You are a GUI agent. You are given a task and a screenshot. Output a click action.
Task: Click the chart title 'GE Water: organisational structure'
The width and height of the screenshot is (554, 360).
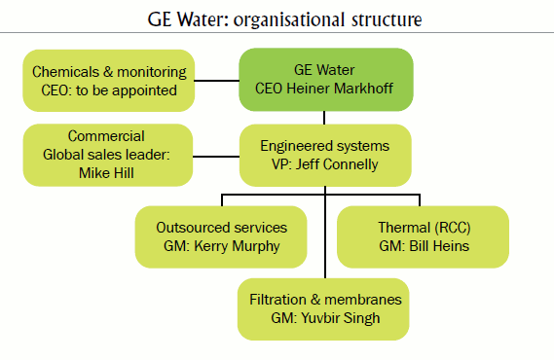[277, 18]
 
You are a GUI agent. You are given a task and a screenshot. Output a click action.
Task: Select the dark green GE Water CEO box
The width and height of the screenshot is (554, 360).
[325, 81]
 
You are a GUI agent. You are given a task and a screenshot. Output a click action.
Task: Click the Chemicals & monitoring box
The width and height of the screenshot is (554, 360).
[108, 81]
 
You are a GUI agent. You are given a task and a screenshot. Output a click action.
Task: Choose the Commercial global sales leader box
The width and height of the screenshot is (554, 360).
[108, 154]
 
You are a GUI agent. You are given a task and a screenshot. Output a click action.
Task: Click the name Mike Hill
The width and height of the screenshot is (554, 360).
[108, 172]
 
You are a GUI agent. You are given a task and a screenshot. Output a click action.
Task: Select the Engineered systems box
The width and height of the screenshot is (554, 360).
[325, 154]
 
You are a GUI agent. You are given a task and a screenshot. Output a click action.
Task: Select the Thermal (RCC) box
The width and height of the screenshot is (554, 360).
[423, 236]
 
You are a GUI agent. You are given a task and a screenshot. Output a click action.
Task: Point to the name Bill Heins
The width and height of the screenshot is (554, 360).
[437, 246]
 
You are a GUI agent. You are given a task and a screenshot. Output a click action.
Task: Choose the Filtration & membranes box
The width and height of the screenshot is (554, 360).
[325, 308]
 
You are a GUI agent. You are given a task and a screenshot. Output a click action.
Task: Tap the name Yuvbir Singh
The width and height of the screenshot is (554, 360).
[340, 318]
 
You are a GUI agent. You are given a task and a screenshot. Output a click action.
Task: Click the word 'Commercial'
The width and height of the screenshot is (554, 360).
[108, 136]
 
